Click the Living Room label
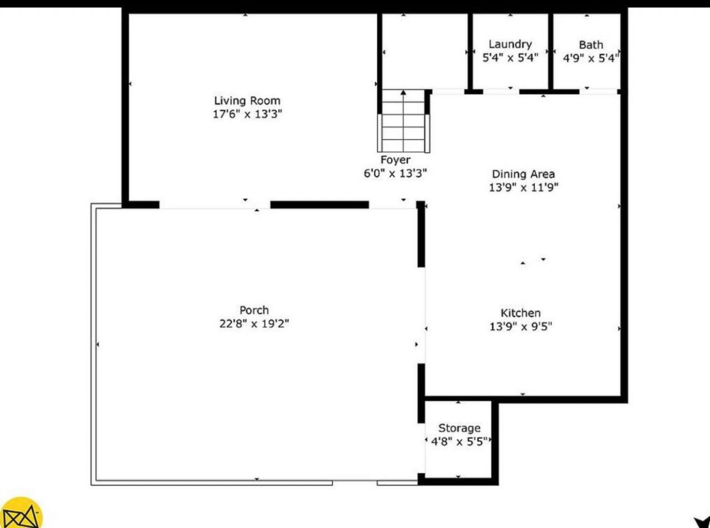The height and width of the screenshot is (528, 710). [x=247, y=101]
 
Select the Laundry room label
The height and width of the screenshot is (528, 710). [x=510, y=44]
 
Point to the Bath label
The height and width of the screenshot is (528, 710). [x=591, y=45]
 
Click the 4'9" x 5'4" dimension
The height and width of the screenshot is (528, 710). [x=591, y=58]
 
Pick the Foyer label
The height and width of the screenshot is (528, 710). [x=395, y=160]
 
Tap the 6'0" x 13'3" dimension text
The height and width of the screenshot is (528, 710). [x=395, y=173]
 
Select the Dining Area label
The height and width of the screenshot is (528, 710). [x=523, y=174]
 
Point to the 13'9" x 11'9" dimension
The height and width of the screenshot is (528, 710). [x=523, y=187]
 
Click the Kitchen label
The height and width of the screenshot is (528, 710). [x=520, y=313]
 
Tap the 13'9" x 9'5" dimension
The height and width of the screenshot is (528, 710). [x=520, y=326]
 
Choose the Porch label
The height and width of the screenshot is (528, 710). [x=254, y=310]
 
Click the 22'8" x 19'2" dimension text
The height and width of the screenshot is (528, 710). [x=254, y=324]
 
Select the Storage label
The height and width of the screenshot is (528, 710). [x=459, y=428]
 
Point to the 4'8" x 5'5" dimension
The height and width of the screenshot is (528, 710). [x=459, y=442]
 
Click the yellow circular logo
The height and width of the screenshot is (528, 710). [x=21, y=513]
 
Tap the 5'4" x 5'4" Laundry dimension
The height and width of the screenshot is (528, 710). [x=510, y=58]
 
